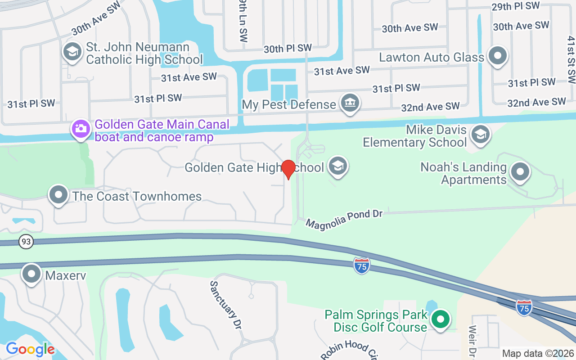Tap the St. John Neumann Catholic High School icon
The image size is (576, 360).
(72, 52)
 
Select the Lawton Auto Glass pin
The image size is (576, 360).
(498, 57)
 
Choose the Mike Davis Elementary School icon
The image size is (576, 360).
(480, 135)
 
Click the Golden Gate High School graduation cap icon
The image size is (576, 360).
(337, 166)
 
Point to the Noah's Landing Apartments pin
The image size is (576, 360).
(520, 172)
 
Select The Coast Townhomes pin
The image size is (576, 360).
(58, 195)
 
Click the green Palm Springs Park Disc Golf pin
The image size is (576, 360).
(441, 319)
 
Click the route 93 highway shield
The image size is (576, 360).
(26, 242)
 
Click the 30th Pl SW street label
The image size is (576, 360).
(288, 48)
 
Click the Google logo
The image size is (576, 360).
(30, 349)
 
